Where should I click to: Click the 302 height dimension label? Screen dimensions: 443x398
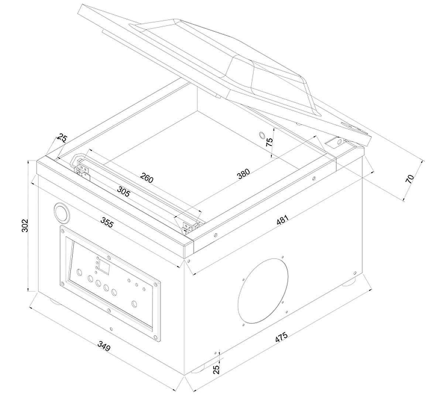(x=25, y=226)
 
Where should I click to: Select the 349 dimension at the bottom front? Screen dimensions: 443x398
(x=104, y=346)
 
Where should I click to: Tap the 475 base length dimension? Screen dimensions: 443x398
(x=281, y=337)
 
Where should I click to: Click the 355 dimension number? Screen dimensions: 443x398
(x=107, y=222)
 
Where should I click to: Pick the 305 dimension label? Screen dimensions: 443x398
(x=124, y=191)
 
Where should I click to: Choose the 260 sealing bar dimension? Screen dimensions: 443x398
(x=147, y=178)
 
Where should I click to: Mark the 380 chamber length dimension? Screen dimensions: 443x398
(x=244, y=173)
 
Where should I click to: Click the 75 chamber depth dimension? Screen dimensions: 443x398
(x=269, y=142)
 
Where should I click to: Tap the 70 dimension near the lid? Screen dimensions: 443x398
(x=409, y=179)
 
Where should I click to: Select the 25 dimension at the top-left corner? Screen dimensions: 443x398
(x=62, y=138)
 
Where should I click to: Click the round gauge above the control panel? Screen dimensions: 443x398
(x=62, y=213)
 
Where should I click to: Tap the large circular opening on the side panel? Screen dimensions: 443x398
(x=263, y=291)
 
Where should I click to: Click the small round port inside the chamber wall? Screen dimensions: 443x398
(x=262, y=135)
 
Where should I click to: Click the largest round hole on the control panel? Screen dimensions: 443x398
(x=134, y=304)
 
